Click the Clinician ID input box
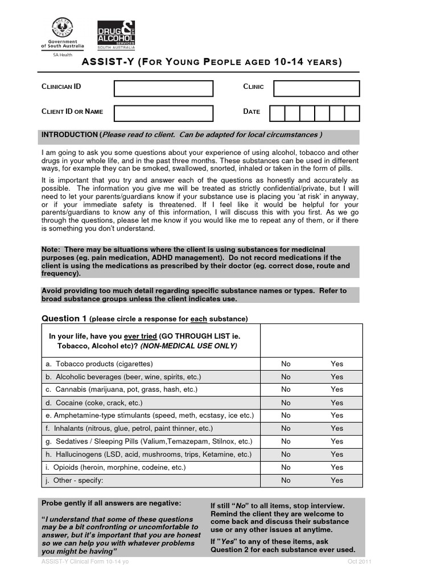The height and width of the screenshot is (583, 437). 163,88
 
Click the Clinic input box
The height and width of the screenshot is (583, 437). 316,88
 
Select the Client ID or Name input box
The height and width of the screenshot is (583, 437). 163,113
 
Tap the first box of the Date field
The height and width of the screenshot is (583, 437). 277,113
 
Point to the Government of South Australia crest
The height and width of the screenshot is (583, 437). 62,28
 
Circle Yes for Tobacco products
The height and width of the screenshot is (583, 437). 337,364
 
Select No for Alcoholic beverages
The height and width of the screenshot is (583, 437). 286,377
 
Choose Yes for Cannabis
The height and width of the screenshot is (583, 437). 337,389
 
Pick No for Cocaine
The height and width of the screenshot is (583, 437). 286,403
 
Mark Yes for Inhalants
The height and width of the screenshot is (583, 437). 337,428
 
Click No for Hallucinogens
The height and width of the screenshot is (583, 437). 286,454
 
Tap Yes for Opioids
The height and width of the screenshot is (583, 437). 337,467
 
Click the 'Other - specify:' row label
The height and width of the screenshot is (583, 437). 75,480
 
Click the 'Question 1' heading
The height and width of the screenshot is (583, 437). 64,318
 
